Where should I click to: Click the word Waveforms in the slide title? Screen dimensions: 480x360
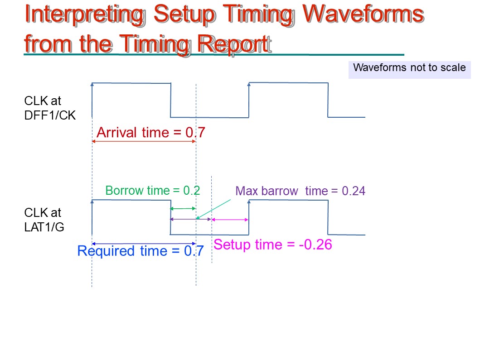click(x=364, y=14)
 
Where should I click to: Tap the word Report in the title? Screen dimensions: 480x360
click(x=234, y=44)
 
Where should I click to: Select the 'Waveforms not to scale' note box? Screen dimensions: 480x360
click(x=410, y=70)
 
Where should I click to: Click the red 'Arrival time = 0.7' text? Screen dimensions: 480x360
click(x=150, y=132)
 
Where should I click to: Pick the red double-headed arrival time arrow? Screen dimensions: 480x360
click(x=144, y=141)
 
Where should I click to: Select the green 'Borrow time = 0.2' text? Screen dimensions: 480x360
click(x=152, y=191)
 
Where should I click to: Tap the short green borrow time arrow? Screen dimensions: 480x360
click(x=183, y=209)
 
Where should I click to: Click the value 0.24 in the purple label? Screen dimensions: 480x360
click(x=354, y=191)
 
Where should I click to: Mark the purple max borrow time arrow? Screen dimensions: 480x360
click(x=191, y=219)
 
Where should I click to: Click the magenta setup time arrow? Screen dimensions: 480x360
click(x=230, y=220)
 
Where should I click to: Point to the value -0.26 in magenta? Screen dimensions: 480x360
click(x=315, y=245)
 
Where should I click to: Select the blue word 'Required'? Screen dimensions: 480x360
click(x=106, y=251)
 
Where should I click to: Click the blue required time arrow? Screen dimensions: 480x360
click(x=144, y=244)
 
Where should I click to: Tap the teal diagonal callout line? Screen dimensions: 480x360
click(x=213, y=210)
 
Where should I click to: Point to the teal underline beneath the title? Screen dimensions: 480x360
click(x=214, y=55)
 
